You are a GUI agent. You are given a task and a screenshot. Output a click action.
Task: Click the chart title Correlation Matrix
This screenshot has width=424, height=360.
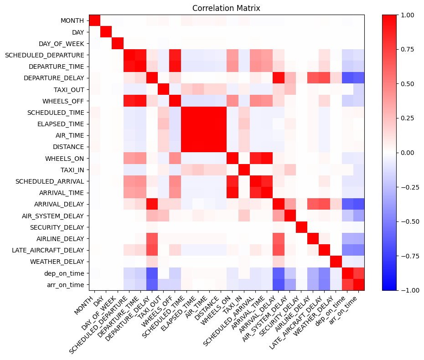[227, 8]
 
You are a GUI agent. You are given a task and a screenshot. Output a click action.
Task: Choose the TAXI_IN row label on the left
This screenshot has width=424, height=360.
[72, 170]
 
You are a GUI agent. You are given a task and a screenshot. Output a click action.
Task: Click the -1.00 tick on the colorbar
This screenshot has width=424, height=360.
[406, 290]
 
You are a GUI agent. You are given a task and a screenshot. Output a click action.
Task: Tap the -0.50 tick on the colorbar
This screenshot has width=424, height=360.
[406, 221]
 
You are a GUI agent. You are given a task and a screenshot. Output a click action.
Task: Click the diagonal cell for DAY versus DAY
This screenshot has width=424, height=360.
[106, 32]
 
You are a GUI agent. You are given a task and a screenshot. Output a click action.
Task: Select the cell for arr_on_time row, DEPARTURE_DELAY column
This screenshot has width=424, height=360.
[152, 284]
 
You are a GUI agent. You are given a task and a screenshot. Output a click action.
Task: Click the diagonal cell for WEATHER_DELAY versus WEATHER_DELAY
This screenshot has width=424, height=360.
[336, 262]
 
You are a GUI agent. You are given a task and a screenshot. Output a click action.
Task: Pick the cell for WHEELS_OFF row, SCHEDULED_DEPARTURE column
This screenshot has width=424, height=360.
[129, 101]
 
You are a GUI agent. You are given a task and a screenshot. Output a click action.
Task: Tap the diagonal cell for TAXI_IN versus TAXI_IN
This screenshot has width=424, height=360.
[243, 170]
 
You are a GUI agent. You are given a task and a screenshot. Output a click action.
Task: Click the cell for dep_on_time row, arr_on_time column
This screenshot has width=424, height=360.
[358, 273]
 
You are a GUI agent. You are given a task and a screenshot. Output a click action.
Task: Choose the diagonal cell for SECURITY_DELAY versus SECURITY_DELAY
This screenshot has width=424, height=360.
[301, 227]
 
